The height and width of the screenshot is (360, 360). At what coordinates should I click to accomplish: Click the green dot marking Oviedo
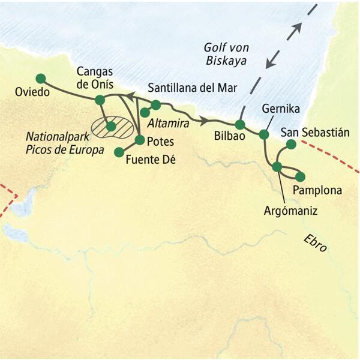click(x=41, y=78)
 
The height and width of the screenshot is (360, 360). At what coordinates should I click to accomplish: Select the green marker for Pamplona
click(x=301, y=176)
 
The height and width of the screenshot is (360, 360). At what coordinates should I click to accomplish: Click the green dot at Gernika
click(x=264, y=134)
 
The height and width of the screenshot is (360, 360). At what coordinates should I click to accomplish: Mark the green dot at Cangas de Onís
click(x=100, y=99)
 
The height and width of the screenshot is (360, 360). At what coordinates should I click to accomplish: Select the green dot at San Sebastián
click(x=291, y=144)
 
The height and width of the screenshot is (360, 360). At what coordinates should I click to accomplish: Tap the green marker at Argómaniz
click(x=277, y=167)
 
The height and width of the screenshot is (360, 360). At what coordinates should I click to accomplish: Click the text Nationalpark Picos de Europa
click(x=54, y=145)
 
